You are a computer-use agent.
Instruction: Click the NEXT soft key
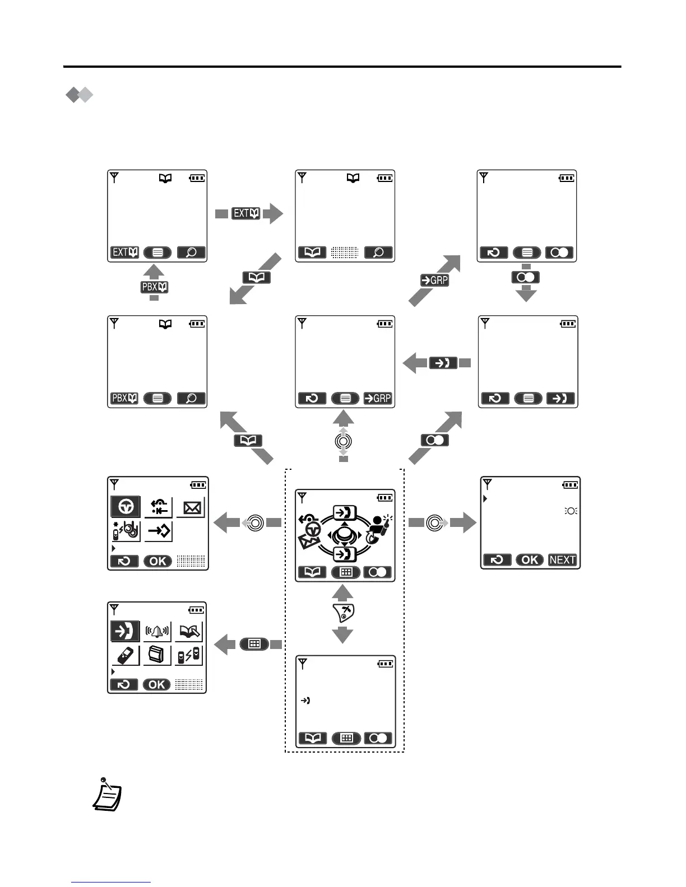tap(563, 560)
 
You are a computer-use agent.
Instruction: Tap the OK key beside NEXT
tap(530, 560)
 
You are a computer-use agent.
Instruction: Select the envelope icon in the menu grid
tap(191, 507)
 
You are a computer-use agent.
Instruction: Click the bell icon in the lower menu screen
tap(157, 632)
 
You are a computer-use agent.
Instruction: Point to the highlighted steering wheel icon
tap(126, 507)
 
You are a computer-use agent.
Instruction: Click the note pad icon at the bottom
tap(106, 795)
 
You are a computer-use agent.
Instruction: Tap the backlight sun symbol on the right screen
tap(570, 511)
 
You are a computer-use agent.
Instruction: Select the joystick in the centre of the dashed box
tap(344, 536)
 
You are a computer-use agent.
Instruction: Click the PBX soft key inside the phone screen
tap(124, 399)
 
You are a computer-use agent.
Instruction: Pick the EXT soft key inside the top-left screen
tap(124, 253)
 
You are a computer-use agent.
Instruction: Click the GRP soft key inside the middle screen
tap(378, 399)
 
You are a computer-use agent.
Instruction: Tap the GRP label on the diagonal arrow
tap(434, 280)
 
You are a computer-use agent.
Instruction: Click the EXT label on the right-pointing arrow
tap(245, 213)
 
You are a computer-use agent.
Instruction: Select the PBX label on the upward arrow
tap(154, 287)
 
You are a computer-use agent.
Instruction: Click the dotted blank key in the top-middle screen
tap(345, 253)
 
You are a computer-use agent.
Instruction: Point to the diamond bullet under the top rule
tap(79, 95)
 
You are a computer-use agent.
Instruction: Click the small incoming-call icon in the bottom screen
tap(305, 701)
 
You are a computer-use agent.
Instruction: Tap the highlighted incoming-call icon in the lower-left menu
tap(126, 632)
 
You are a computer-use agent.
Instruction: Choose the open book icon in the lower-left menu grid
tap(189, 632)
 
